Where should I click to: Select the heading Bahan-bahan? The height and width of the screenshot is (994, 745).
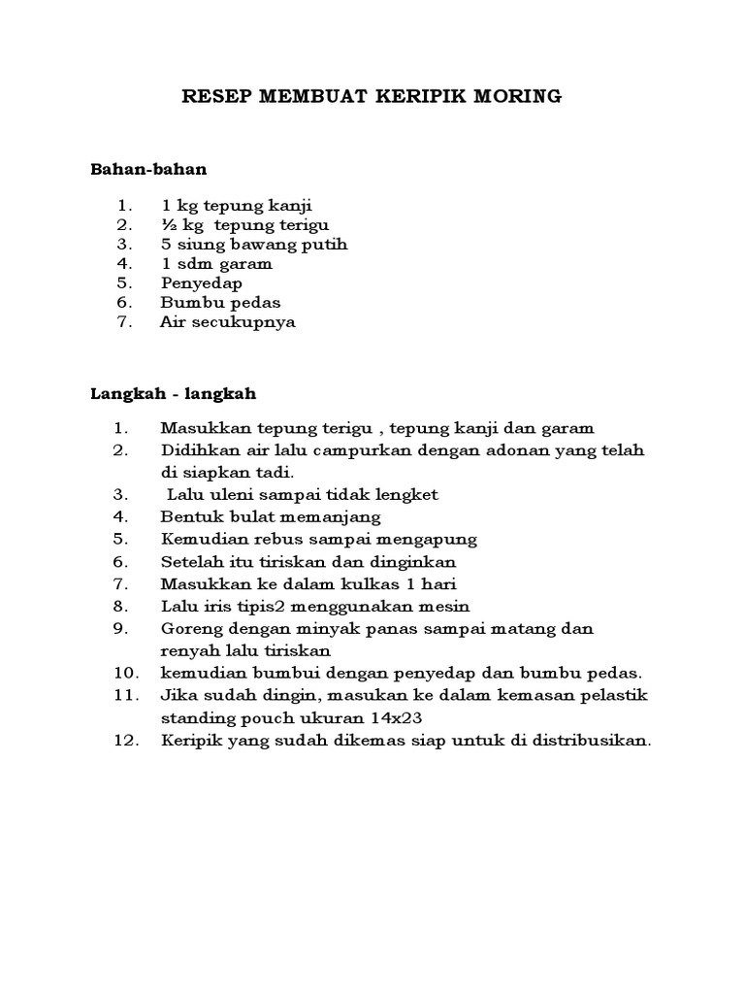click(149, 169)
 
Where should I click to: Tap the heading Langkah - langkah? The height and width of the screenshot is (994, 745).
click(174, 393)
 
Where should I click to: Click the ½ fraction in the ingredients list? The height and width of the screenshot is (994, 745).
click(167, 225)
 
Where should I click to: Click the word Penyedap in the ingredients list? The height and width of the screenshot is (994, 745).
click(202, 283)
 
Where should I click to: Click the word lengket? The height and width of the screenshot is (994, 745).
click(404, 494)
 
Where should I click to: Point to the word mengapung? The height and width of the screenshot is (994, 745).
click(430, 539)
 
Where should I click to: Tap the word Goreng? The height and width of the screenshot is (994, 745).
click(190, 629)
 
